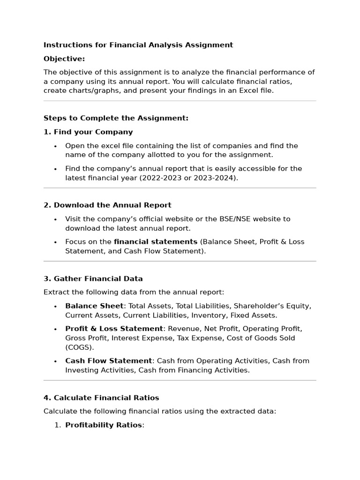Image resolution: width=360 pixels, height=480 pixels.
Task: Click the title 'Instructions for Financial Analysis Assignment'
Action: pyautogui.click(x=138, y=45)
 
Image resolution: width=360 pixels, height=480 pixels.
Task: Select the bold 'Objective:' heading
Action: pyautogui.click(x=64, y=59)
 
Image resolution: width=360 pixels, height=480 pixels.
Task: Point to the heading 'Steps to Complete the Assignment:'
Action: pyautogui.click(x=116, y=118)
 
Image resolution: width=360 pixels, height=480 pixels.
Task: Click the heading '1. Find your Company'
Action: pyautogui.click(x=88, y=132)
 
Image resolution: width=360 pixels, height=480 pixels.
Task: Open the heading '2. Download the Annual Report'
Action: pyautogui.click(x=107, y=205)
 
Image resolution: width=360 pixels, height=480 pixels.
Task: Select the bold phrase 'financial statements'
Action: pyautogui.click(x=156, y=242)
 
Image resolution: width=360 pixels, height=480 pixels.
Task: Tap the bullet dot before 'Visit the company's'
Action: pyautogui.click(x=55, y=219)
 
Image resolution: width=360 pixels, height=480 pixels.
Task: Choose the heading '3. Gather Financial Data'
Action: pyautogui.click(x=93, y=278)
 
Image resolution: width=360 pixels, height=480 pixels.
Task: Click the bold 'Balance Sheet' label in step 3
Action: pyautogui.click(x=94, y=306)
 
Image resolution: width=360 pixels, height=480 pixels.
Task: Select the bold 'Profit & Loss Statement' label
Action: pyautogui.click(x=114, y=329)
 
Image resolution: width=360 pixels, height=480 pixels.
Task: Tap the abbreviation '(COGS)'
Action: pyautogui.click(x=80, y=347)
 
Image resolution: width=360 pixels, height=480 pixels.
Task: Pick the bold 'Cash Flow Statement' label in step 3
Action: pyautogui.click(x=108, y=361)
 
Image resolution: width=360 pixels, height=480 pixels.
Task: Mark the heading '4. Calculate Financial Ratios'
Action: pyautogui.click(x=101, y=398)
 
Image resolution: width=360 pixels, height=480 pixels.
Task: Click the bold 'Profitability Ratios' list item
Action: pyautogui.click(x=103, y=425)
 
